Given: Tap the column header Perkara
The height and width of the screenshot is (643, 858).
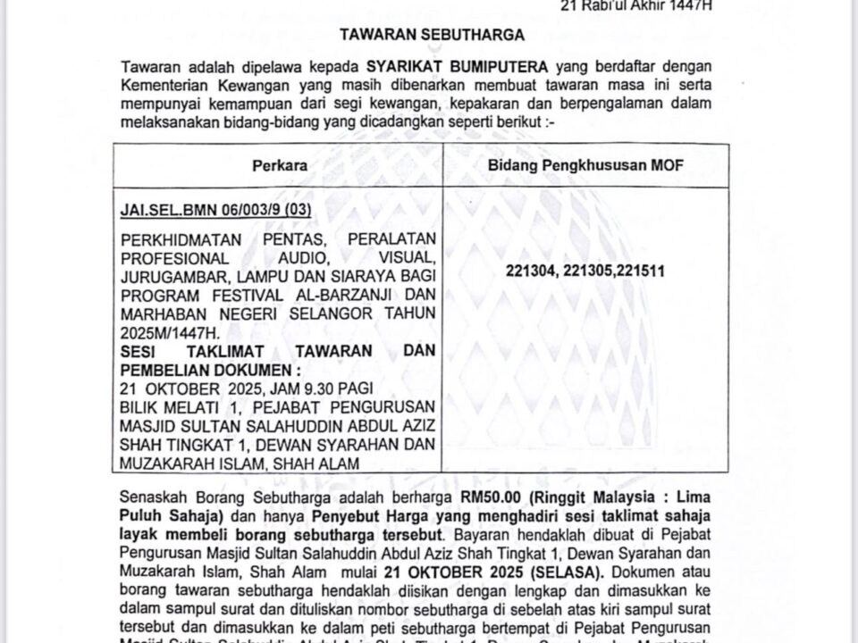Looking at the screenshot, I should (x=278, y=166).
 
